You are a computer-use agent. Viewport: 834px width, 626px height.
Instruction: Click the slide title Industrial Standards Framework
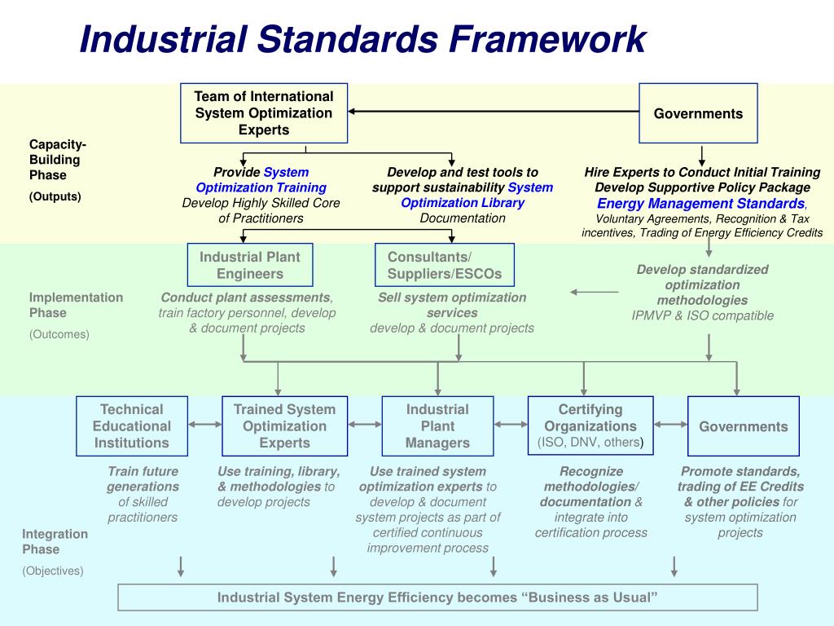tap(362, 39)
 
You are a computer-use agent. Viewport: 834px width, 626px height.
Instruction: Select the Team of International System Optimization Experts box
tap(264, 113)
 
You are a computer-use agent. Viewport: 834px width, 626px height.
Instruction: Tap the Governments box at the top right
tap(698, 113)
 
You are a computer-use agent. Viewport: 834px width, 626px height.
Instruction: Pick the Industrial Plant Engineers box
tap(249, 265)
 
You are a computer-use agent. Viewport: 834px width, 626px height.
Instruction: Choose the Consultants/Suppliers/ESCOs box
tap(445, 265)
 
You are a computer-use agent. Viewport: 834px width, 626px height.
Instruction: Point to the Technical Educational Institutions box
tap(132, 425)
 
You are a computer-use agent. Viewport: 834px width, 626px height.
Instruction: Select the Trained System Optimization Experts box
tap(284, 425)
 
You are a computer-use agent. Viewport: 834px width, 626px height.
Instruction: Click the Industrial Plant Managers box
tap(437, 425)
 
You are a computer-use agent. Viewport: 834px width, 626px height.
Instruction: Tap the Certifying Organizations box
tap(590, 425)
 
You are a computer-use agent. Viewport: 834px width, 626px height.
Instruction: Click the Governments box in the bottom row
tap(743, 426)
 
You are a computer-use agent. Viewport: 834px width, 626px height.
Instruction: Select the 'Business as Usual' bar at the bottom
tap(437, 597)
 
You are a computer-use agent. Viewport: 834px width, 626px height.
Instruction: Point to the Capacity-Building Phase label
tap(58, 160)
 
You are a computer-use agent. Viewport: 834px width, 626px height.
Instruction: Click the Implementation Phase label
tap(76, 305)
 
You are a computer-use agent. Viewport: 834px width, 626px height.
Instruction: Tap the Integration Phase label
tap(55, 541)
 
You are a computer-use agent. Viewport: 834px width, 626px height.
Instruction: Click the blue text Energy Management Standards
tap(700, 204)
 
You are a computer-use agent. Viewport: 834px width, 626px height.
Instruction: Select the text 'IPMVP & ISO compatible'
tap(702, 315)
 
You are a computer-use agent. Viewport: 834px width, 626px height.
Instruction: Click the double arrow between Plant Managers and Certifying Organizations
tap(511, 424)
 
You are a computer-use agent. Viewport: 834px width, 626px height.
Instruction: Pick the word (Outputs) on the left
tap(55, 196)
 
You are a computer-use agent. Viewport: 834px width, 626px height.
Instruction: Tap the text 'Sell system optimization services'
tap(452, 305)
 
